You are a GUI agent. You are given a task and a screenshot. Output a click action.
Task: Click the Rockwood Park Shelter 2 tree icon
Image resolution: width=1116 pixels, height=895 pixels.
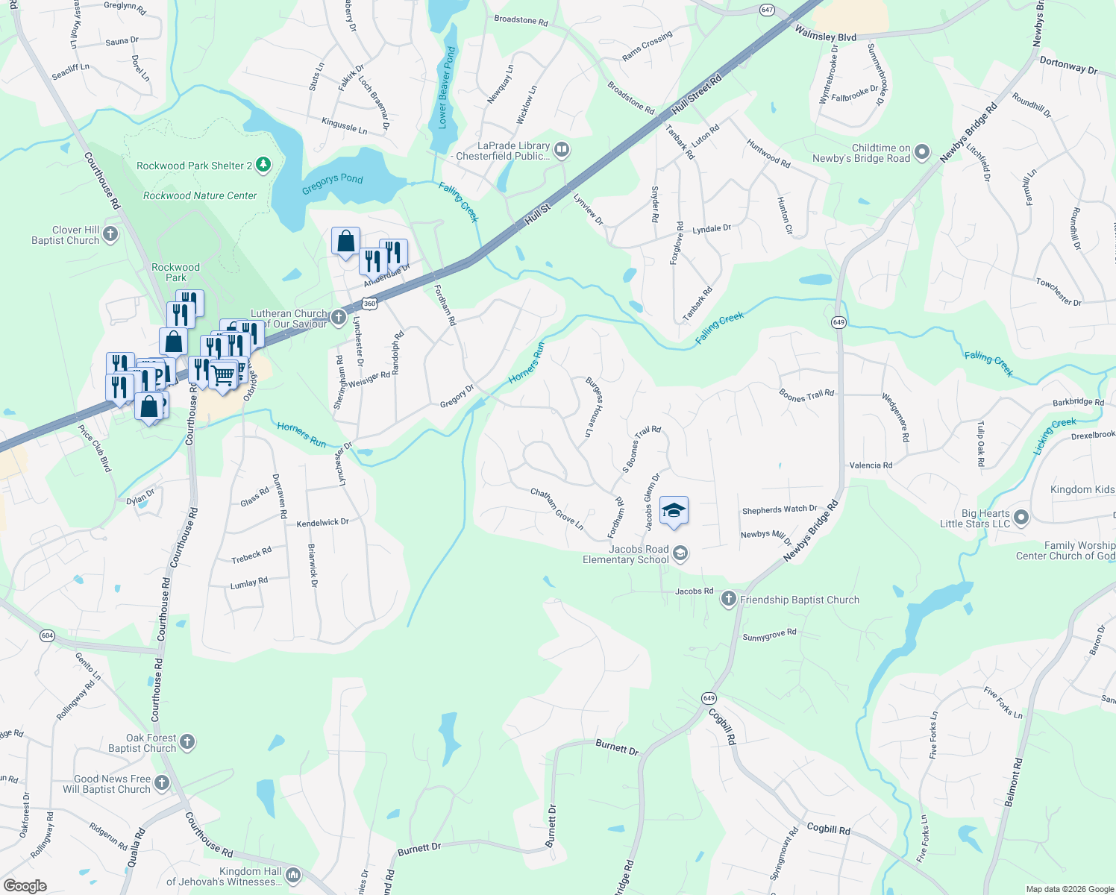tap(263, 164)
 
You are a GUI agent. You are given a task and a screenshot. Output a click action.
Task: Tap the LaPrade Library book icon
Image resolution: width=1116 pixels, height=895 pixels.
tap(562, 151)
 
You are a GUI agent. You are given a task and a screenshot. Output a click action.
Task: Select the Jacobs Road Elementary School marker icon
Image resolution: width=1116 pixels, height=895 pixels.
tap(680, 553)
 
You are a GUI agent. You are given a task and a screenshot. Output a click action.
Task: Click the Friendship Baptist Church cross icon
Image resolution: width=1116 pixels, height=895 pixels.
tap(729, 599)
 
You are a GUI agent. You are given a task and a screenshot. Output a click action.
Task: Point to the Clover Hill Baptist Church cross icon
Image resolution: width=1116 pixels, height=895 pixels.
tap(110, 234)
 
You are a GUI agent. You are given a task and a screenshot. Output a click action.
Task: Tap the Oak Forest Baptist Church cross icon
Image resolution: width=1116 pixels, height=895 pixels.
tap(187, 741)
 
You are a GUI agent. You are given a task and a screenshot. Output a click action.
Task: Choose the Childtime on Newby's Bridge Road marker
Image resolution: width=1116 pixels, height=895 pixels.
tap(922, 152)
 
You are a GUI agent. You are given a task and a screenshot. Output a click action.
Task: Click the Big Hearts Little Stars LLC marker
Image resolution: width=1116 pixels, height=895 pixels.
tap(1021, 518)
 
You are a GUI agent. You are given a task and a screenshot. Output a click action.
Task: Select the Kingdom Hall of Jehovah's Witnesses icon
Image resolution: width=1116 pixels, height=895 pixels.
tap(293, 875)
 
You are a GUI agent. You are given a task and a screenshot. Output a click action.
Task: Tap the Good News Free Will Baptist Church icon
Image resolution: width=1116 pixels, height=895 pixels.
tap(162, 783)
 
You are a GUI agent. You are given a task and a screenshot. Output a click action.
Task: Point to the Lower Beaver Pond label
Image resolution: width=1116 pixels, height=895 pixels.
tap(446, 88)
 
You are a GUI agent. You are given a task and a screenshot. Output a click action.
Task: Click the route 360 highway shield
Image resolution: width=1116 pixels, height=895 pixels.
tap(369, 304)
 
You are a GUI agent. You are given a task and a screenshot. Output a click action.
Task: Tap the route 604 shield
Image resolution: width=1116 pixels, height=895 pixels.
tap(48, 635)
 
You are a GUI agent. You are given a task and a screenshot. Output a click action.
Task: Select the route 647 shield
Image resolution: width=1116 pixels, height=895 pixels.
tap(768, 10)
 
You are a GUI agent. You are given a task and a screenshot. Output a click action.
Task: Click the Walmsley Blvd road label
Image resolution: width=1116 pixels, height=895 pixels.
tap(825, 34)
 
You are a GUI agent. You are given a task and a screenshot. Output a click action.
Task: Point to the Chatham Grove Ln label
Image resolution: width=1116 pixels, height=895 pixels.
tap(557, 509)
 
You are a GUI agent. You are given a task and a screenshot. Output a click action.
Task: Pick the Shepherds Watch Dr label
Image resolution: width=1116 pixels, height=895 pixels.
tap(779, 510)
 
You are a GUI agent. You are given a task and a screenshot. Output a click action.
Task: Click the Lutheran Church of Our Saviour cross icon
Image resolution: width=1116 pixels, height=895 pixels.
tap(338, 318)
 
